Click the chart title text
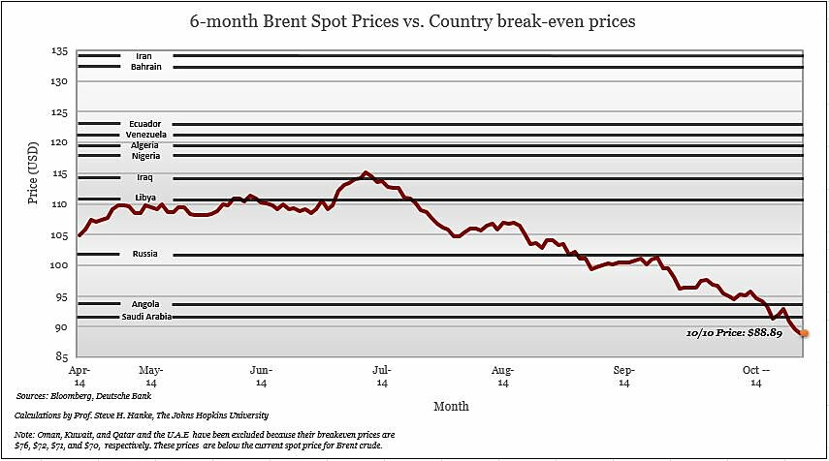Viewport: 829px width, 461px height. coord(415,20)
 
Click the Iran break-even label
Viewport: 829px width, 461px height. coord(144,56)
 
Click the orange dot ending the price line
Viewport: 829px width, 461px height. coord(804,333)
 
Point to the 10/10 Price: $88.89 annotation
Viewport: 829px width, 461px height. coord(741,332)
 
